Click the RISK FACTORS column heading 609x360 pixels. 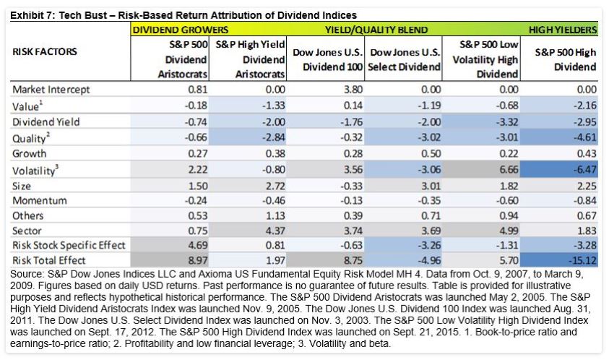tap(46, 52)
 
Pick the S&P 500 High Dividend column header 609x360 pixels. tap(566, 60)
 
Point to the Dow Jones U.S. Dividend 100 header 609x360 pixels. tap(327, 60)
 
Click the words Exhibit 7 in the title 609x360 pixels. tap(35, 14)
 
